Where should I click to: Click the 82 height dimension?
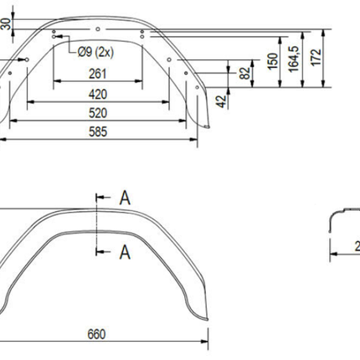[245, 73]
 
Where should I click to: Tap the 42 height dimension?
[220, 103]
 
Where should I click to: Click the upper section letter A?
[124, 198]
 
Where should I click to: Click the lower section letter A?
[124, 249]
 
